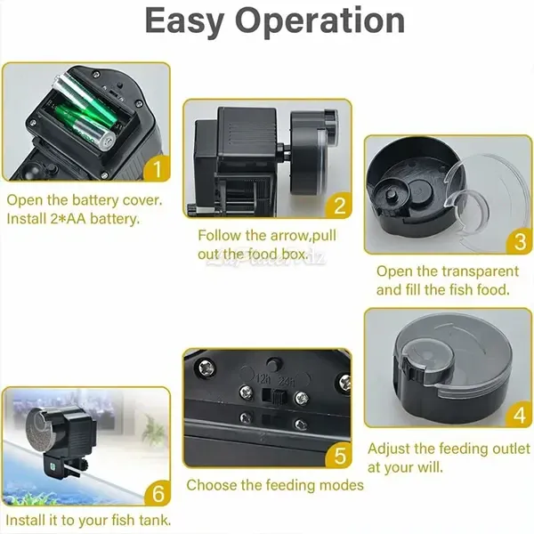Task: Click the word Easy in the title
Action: click(184, 21)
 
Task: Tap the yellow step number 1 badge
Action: click(157, 168)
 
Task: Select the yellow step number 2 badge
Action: click(338, 205)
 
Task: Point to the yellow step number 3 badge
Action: click(519, 241)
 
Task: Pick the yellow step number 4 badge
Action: click(519, 415)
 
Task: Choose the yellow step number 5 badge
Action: click(339, 455)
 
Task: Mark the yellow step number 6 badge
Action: click(158, 492)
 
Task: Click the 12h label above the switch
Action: click(263, 378)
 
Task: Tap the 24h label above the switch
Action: click(287, 382)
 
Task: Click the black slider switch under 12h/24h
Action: click(275, 396)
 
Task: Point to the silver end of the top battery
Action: click(108, 140)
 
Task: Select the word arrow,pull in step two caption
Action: click(303, 236)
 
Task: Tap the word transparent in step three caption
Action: click(481, 271)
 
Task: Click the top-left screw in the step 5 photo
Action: click(206, 368)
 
